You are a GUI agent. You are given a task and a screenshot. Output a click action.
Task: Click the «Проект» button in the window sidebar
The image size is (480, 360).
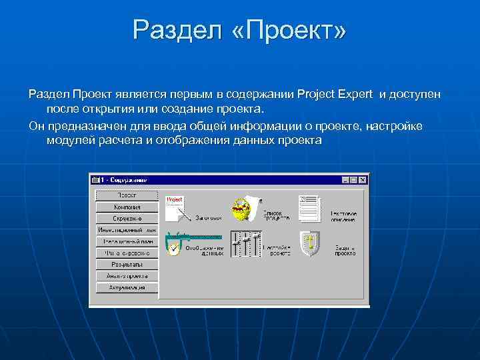[x=127, y=195]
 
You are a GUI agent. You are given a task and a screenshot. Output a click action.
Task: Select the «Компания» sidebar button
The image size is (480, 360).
[x=127, y=207]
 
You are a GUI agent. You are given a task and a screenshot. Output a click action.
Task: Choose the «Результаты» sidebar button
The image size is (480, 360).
[x=127, y=265]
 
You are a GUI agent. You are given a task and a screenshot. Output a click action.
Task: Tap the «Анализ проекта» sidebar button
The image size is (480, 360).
[x=127, y=276]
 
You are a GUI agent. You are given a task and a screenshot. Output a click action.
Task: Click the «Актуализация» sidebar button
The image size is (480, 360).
[x=127, y=288]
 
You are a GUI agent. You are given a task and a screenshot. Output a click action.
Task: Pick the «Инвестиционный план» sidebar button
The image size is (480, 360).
[x=127, y=230]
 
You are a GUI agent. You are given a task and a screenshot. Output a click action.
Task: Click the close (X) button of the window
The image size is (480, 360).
[x=363, y=180]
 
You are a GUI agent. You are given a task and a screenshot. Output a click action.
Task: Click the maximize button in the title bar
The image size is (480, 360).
[x=354, y=180]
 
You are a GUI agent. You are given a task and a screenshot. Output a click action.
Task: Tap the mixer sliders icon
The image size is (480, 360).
[x=245, y=243]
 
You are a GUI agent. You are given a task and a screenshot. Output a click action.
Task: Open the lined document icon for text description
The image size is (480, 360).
[x=309, y=209]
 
